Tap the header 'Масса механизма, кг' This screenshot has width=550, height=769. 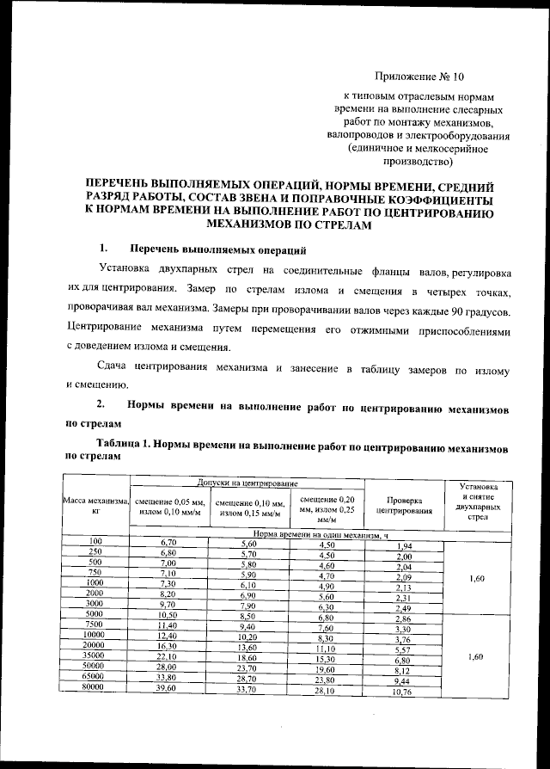point(96,506)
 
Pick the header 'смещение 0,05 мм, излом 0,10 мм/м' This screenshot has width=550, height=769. point(168,508)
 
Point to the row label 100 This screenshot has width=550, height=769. point(96,539)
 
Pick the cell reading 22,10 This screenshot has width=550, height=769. point(168,655)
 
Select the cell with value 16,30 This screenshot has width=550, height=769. point(168,644)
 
